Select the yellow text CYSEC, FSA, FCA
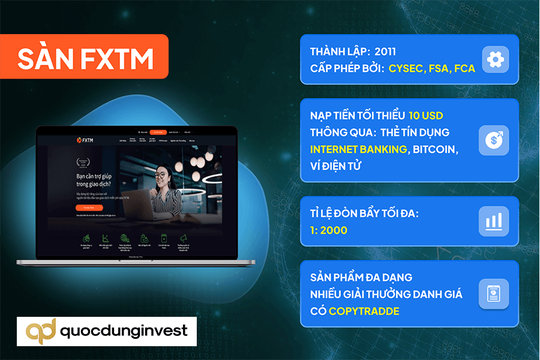click(x=431, y=68)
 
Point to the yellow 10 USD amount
click(x=425, y=115)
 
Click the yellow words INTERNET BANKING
click(x=358, y=149)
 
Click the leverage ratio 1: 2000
click(x=329, y=230)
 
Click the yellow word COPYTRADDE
click(x=364, y=311)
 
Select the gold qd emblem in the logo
click(x=41, y=331)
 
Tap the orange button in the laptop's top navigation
click(x=157, y=131)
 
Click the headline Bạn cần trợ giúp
click(x=98, y=176)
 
